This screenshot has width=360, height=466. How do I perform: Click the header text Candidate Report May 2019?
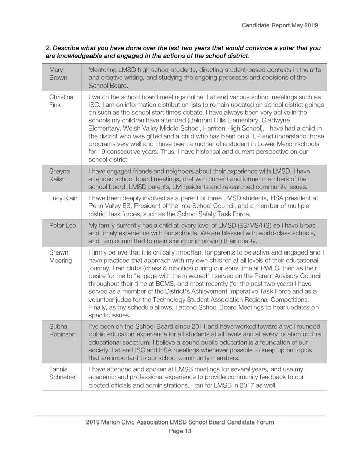pyautogui.click(x=279, y=25)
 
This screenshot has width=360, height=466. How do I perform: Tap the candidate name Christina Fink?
pyautogui.click(x=61, y=101)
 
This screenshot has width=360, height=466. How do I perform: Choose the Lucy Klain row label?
pyautogui.click(x=63, y=198)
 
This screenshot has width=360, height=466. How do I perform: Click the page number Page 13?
pyautogui.click(x=179, y=432)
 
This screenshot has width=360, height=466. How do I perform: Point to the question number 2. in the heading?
pyautogui.click(x=49, y=48)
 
